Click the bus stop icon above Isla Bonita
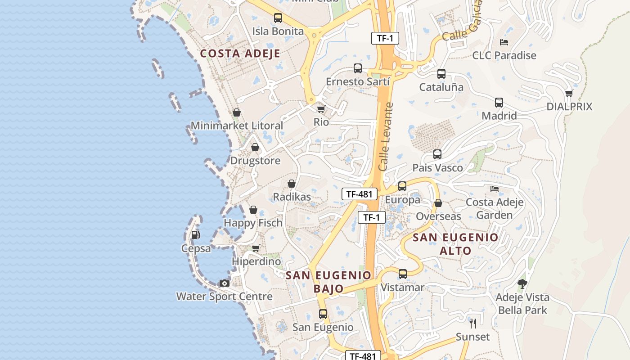(x=278, y=18)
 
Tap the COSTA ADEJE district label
(x=240, y=54)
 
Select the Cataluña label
(x=441, y=87)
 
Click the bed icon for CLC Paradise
(x=504, y=42)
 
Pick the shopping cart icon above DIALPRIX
(x=569, y=94)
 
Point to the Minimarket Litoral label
(x=237, y=126)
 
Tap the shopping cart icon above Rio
(x=321, y=109)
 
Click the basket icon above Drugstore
(x=255, y=147)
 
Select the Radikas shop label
(x=292, y=197)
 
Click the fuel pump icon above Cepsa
(x=195, y=234)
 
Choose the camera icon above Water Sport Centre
(x=224, y=283)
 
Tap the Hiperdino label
(x=256, y=261)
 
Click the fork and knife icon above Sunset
(x=472, y=323)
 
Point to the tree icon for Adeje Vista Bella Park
(x=522, y=284)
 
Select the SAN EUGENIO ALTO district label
(x=455, y=244)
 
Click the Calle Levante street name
(x=386, y=137)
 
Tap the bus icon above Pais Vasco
(x=437, y=154)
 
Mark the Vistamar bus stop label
(x=402, y=288)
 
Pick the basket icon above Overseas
(x=438, y=203)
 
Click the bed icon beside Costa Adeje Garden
(x=495, y=189)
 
